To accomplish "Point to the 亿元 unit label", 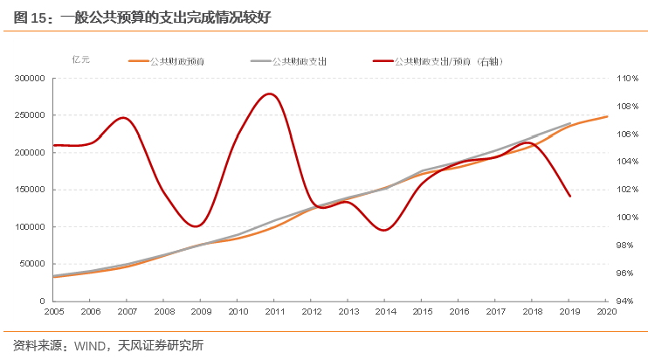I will point(80,59).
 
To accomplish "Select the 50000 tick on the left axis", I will point(32,264).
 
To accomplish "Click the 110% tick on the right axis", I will point(629,78).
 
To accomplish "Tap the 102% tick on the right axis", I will point(629,190).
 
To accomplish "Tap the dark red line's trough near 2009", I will point(198,226).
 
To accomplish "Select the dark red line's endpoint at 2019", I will point(570,197).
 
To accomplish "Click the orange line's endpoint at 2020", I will point(607,116).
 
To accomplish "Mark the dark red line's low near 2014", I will point(384,231).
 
